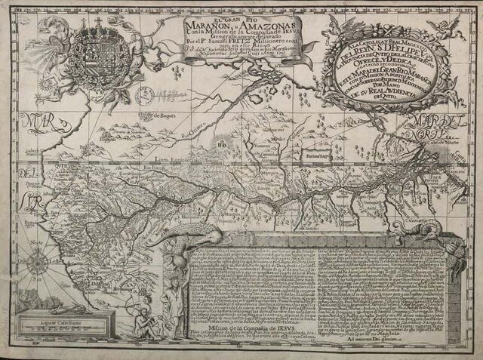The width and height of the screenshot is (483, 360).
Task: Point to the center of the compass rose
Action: point(34,263)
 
